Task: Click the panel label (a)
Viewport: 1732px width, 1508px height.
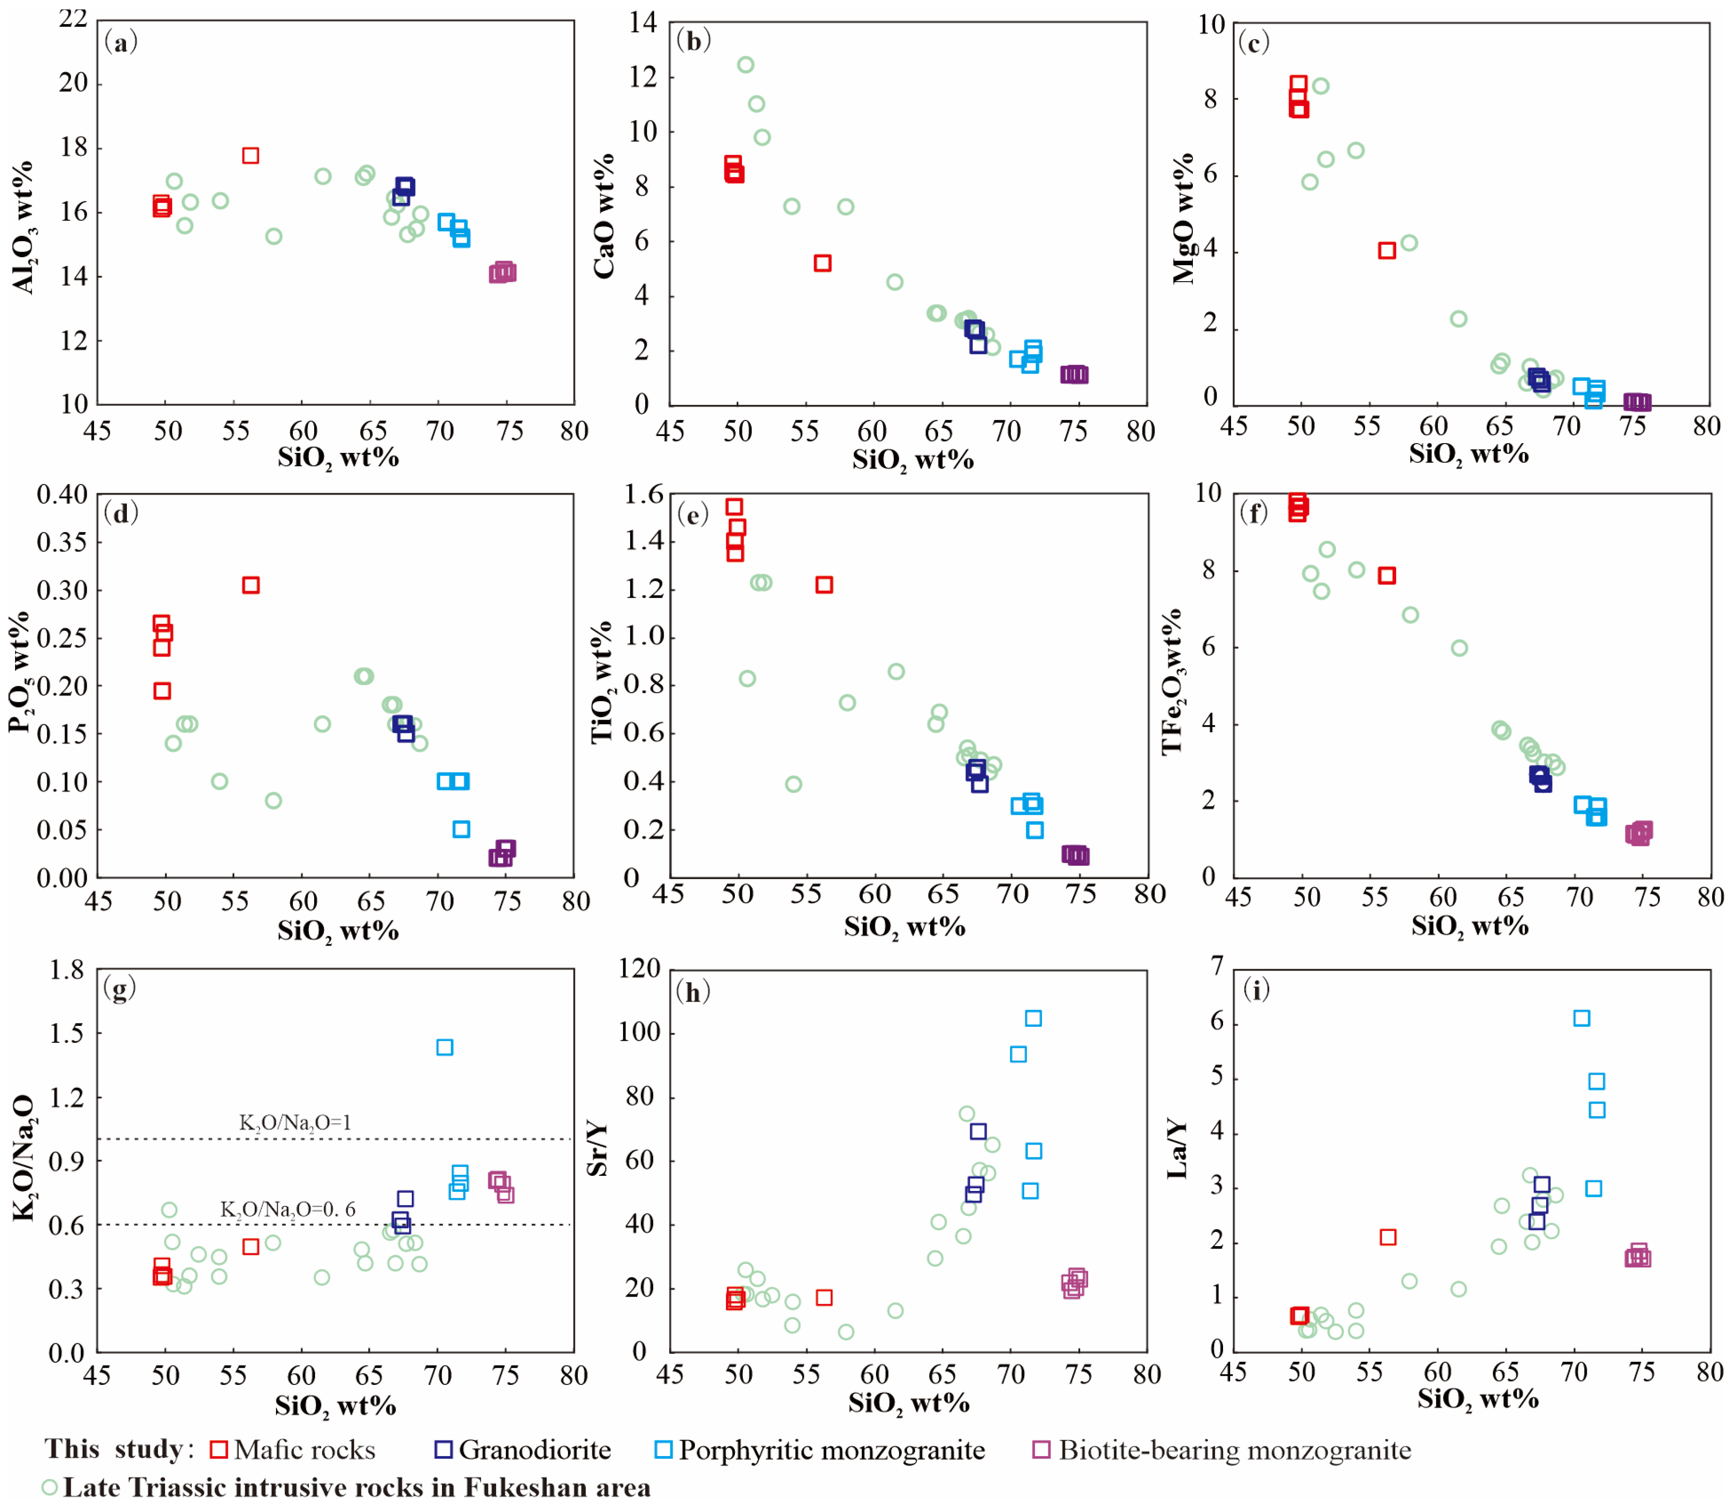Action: point(120,42)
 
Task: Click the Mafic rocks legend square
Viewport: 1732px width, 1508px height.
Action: point(219,1449)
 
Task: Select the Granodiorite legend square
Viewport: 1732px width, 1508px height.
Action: point(443,1449)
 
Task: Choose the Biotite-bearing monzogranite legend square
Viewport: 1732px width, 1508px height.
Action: point(1041,1449)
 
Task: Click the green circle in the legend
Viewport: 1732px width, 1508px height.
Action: point(50,1487)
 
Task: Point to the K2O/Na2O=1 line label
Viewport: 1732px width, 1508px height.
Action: point(294,1123)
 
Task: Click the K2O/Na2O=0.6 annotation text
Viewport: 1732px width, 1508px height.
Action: point(288,1209)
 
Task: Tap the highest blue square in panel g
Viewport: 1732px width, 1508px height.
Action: point(445,1047)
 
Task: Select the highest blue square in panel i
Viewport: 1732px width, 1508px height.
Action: point(1582,1018)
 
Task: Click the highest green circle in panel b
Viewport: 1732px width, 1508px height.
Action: point(745,65)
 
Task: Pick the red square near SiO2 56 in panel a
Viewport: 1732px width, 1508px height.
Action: point(250,156)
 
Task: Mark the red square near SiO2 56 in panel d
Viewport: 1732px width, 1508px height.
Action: point(250,585)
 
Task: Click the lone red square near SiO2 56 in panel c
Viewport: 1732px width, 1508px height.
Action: point(1387,250)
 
